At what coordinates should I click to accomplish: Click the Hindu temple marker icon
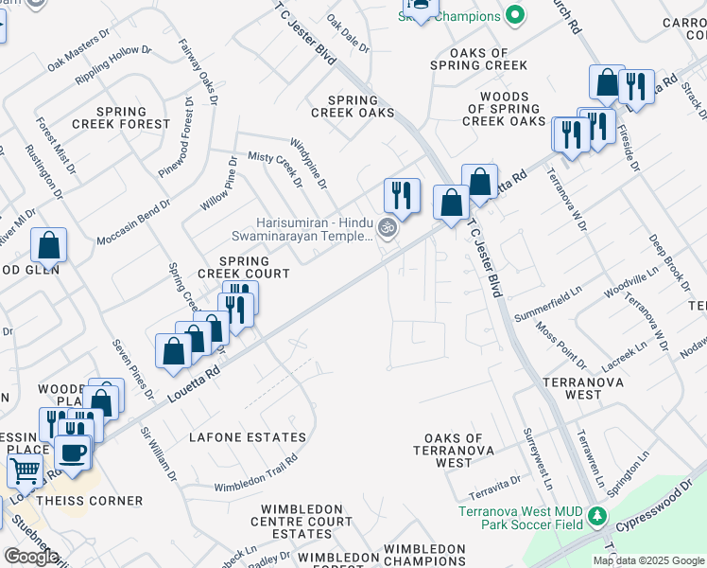click(x=386, y=227)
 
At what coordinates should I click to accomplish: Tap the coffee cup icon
click(x=73, y=453)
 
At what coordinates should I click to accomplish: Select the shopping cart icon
click(x=26, y=469)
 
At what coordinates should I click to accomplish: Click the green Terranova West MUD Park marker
click(x=596, y=517)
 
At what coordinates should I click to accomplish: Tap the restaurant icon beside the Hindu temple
click(x=402, y=195)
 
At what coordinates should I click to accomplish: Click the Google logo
click(x=31, y=557)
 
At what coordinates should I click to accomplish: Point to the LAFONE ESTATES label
click(x=248, y=437)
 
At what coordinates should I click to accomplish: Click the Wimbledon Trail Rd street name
click(x=255, y=473)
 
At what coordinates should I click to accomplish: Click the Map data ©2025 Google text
click(x=648, y=560)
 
